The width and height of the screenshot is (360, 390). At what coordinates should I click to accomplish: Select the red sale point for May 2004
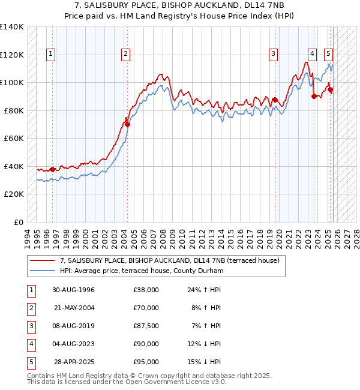click(127, 124)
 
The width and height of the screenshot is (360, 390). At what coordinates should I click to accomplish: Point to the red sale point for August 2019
click(275, 100)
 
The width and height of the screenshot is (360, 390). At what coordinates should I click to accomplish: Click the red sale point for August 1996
click(53, 169)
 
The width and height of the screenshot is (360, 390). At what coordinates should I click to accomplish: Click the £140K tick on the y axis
click(12, 27)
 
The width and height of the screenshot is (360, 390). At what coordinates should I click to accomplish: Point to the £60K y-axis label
click(14, 138)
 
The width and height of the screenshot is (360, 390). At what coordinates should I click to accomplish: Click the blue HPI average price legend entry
click(141, 271)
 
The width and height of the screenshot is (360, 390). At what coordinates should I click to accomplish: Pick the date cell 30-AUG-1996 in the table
click(73, 289)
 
